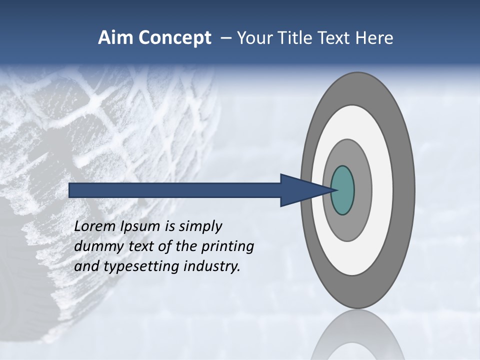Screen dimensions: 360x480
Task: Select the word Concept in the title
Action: [x=174, y=38]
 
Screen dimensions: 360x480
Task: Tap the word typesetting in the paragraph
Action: [x=142, y=267]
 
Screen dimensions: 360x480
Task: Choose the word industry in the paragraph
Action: [x=212, y=266]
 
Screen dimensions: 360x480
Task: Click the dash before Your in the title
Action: [x=226, y=38]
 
